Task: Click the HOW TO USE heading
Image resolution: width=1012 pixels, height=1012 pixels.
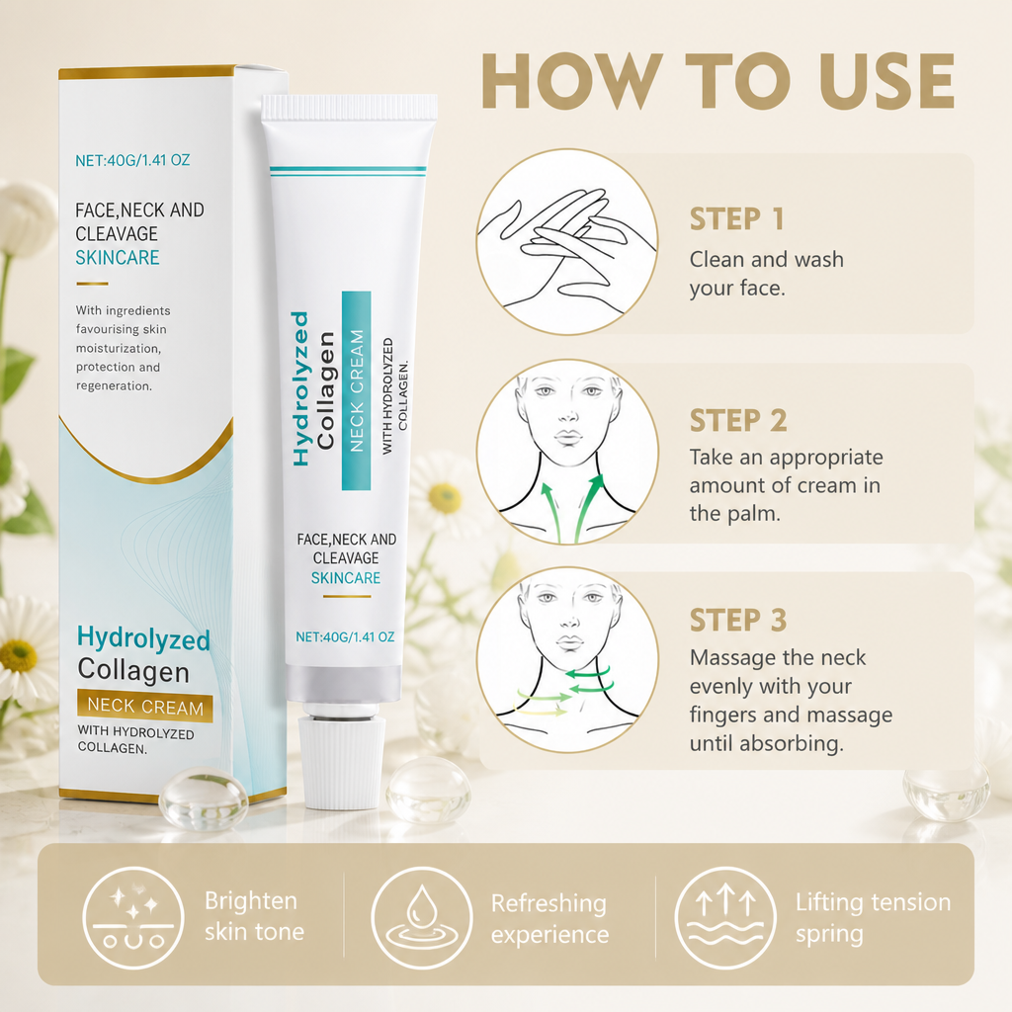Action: tap(717, 81)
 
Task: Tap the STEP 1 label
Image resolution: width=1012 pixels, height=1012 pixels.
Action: tap(737, 218)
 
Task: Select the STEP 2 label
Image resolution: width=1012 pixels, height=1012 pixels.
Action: tap(738, 420)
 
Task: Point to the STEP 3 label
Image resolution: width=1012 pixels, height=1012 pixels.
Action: tap(738, 621)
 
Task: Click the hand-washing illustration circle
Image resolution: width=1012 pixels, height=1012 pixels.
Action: tap(567, 242)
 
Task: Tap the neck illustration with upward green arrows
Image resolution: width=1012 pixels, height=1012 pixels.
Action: tap(567, 452)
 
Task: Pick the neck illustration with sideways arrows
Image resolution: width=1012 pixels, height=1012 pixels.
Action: tap(567, 659)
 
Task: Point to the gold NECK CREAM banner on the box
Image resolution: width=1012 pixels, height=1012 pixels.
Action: tap(145, 706)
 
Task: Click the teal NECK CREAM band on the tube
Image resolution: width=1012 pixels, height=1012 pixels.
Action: tap(356, 390)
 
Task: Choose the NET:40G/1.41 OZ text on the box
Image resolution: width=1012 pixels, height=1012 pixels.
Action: tap(133, 160)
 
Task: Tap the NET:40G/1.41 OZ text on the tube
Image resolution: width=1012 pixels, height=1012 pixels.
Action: tap(345, 637)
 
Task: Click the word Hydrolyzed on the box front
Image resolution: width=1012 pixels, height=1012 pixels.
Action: tap(143, 639)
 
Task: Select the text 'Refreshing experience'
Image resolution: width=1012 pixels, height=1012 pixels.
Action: tap(549, 919)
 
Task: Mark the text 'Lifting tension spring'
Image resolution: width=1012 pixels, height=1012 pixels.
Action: tap(874, 918)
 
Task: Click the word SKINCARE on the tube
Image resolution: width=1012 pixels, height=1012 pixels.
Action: tap(346, 577)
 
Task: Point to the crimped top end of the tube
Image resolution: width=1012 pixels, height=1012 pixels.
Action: tap(349, 107)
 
